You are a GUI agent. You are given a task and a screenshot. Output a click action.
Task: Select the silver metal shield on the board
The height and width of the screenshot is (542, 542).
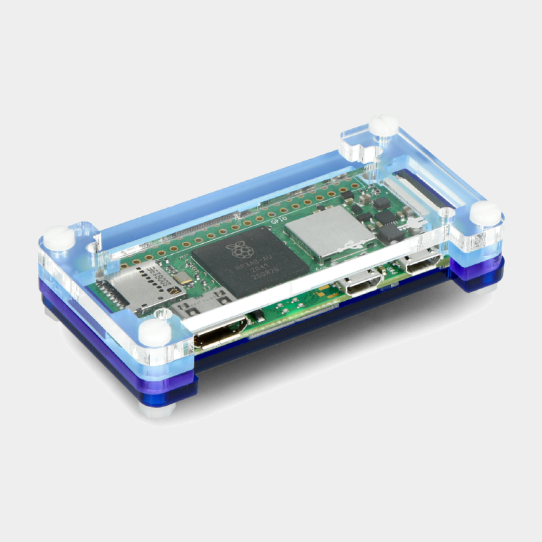(x=329, y=230)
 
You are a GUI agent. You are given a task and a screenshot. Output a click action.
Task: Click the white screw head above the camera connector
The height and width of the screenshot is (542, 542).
(x=383, y=125)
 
